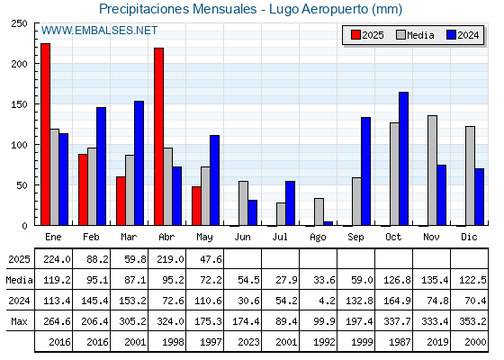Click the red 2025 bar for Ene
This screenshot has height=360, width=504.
(45, 134)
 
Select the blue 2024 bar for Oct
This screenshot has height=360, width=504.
(404, 158)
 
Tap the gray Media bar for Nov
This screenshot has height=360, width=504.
(432, 171)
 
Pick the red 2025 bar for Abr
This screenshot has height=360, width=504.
(158, 137)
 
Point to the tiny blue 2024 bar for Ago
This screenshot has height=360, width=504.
(328, 223)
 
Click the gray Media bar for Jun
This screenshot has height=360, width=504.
(243, 203)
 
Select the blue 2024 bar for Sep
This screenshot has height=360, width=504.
(365, 171)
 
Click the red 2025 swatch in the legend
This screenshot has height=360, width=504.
(355, 35)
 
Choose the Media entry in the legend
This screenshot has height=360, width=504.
(415, 35)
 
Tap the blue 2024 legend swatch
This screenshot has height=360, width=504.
(452, 35)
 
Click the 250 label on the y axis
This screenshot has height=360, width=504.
(19, 23)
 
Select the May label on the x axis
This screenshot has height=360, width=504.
(204, 238)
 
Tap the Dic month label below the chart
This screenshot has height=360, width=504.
(469, 237)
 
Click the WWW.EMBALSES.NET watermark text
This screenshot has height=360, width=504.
(99, 31)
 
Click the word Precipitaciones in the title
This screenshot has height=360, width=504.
(144, 9)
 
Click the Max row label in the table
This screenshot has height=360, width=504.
(19, 321)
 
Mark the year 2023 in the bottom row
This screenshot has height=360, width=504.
(248, 342)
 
